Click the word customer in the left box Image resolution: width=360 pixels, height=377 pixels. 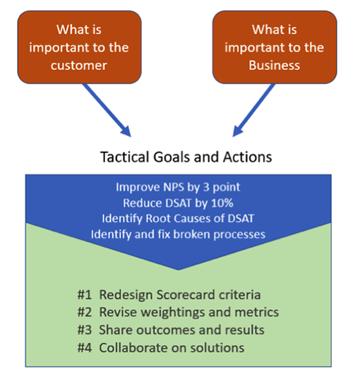(79, 66)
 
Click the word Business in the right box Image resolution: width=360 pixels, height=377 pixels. (274, 65)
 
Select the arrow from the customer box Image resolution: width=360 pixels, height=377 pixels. (107, 110)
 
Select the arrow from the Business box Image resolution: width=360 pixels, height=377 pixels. (254, 110)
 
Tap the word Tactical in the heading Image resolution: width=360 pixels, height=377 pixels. (125, 157)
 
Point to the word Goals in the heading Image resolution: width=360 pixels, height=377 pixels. (172, 157)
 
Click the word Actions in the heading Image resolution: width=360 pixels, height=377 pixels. (248, 157)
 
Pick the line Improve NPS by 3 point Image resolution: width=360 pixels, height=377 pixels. (178, 187)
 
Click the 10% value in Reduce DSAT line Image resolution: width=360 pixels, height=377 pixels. (222, 203)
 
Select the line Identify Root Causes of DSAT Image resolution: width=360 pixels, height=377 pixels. (178, 219)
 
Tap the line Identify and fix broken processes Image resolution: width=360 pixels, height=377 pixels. (178, 234)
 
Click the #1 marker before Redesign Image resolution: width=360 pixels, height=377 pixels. (85, 295)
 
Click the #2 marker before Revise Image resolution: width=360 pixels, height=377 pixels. (85, 312)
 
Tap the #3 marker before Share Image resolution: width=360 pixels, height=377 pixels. (85, 330)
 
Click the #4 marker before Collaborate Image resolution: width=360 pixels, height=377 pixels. (85, 347)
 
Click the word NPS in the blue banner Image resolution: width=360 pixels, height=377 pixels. (174, 187)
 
